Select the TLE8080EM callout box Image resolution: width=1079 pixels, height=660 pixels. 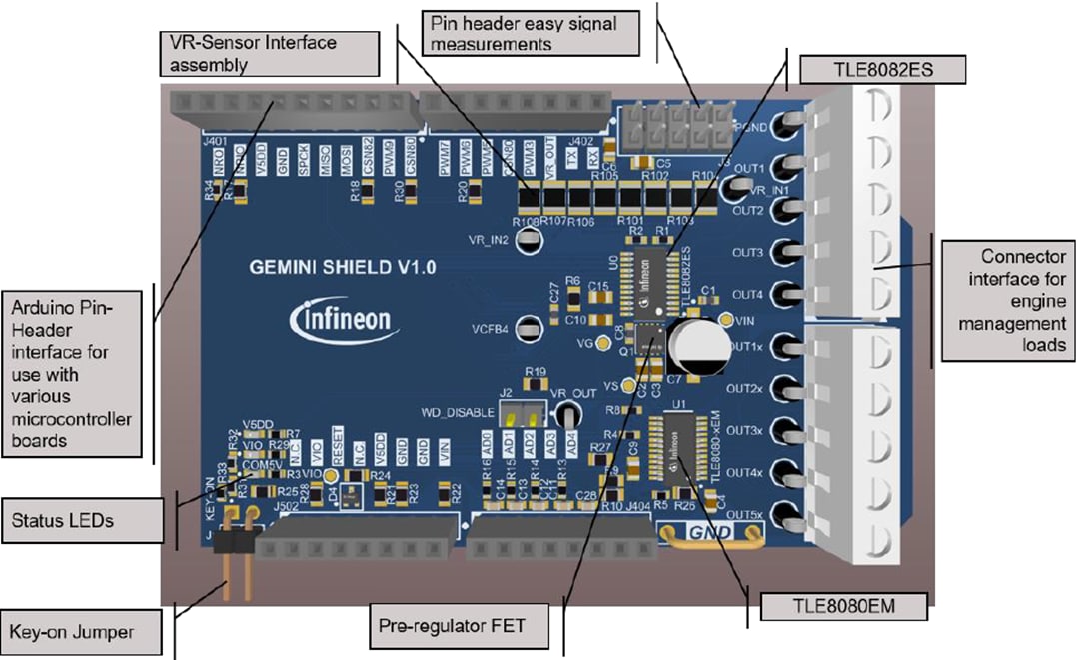[x=842, y=607]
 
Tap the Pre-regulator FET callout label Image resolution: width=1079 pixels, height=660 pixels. [x=466, y=627]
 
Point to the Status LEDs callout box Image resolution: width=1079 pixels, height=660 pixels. [x=81, y=521]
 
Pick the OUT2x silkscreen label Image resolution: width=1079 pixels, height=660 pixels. [x=746, y=388]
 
